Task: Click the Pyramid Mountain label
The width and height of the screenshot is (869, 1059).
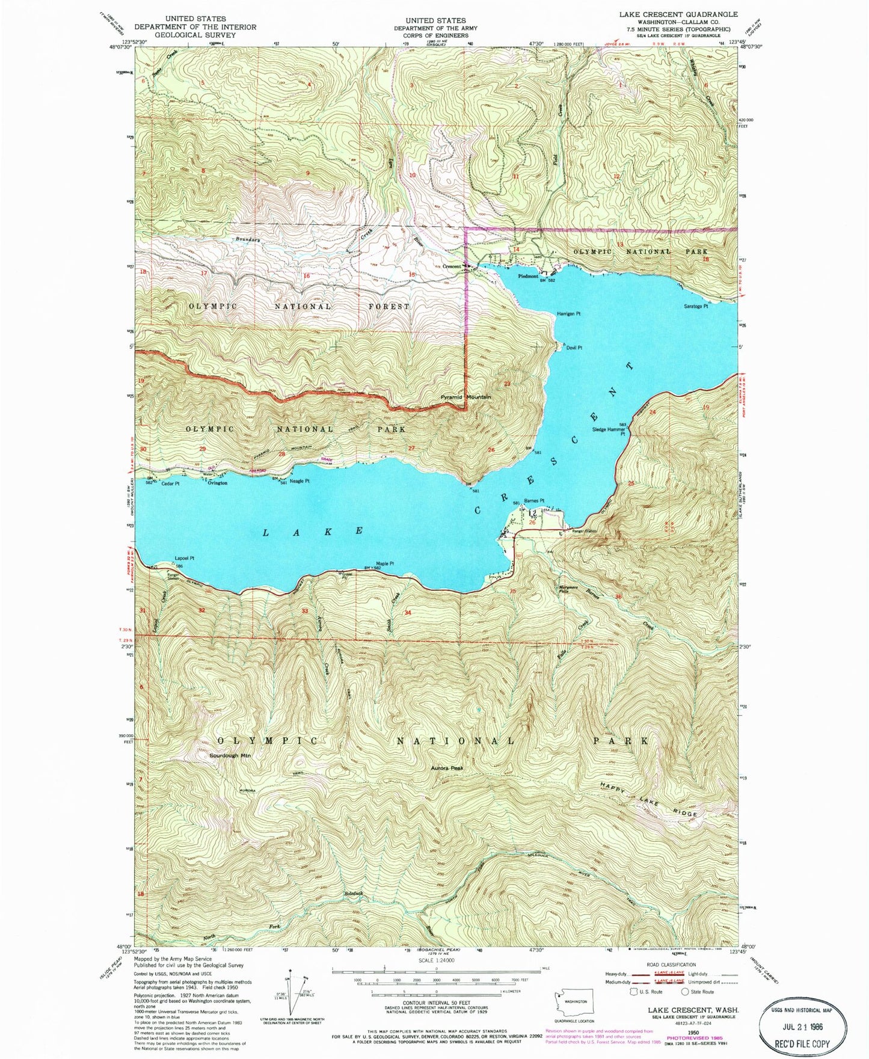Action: click(465, 397)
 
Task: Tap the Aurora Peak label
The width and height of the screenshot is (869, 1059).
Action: click(448, 768)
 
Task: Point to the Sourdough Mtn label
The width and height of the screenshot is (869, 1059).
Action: click(230, 755)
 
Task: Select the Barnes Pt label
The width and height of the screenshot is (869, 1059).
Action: click(533, 500)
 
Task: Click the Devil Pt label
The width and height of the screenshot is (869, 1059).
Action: click(574, 348)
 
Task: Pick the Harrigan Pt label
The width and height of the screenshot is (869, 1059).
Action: click(568, 314)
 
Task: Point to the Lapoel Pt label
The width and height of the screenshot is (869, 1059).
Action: click(185, 558)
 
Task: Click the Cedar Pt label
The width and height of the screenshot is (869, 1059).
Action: click(170, 483)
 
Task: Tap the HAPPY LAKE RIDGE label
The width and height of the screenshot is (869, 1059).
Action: click(649, 799)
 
